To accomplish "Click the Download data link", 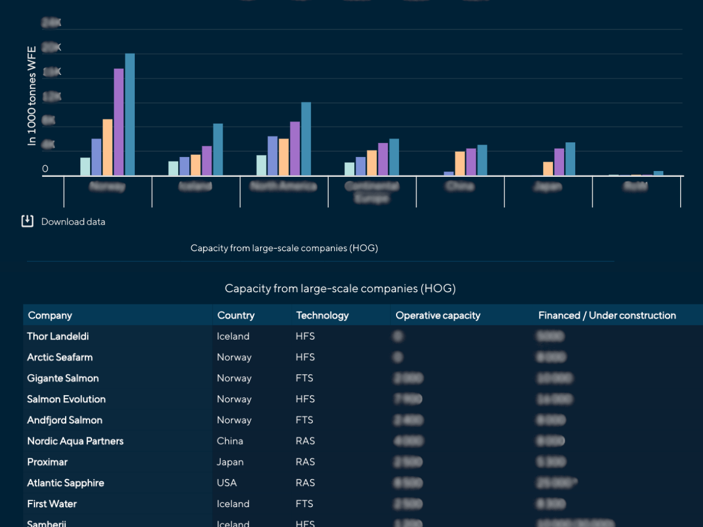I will point(73,222).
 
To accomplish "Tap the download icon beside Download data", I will point(28,221).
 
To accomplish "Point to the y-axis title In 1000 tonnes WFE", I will point(32,95).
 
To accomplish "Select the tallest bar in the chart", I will point(129,114).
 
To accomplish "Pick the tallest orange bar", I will point(107,147).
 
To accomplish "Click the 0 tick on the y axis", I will point(45,169).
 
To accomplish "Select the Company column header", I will point(50,316).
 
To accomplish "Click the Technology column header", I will point(322,316).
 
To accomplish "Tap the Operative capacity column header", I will point(438,316).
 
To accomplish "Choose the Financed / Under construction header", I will point(607,316).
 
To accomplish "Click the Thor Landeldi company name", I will point(58,337).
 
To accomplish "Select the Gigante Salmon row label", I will point(63,378).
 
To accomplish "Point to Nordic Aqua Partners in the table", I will point(75,441).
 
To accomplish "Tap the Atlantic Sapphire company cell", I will point(66,483).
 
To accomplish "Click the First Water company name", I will point(52,504).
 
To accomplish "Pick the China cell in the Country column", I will point(230,441).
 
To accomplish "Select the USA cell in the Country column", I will point(227,483).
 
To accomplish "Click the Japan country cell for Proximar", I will point(230,462).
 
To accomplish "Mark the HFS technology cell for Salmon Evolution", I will point(305,399).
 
